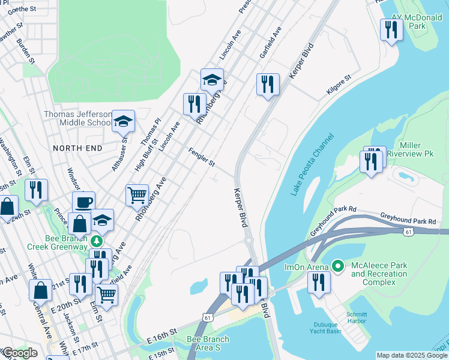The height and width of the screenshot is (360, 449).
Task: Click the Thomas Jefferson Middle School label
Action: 77,118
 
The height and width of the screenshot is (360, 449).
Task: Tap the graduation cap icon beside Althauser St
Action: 123,122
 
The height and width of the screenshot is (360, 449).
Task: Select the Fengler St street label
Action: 202,157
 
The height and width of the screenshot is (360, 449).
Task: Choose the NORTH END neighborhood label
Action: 75,148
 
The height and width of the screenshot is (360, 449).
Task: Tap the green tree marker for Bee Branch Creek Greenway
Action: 97,241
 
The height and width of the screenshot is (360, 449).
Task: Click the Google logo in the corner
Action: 19,353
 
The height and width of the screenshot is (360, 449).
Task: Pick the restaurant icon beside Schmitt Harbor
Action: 318,282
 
